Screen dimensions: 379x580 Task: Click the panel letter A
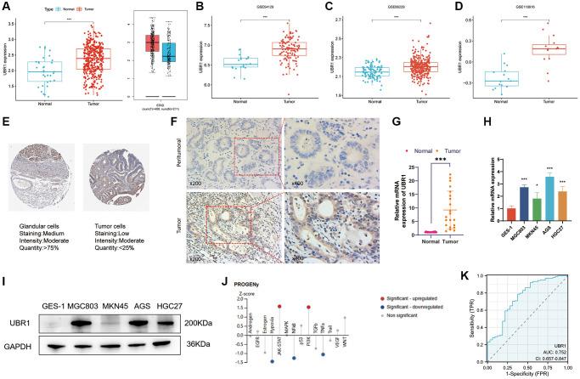tap(6, 7)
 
